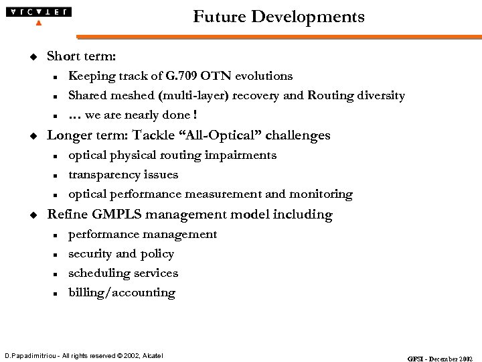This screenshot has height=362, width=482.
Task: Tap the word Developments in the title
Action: pyautogui.click(x=308, y=17)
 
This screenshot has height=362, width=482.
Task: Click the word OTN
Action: pyautogui.click(x=213, y=76)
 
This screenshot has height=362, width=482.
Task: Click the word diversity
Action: pyautogui.click(x=381, y=96)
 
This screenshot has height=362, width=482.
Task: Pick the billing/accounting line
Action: pyautogui.click(x=122, y=293)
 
